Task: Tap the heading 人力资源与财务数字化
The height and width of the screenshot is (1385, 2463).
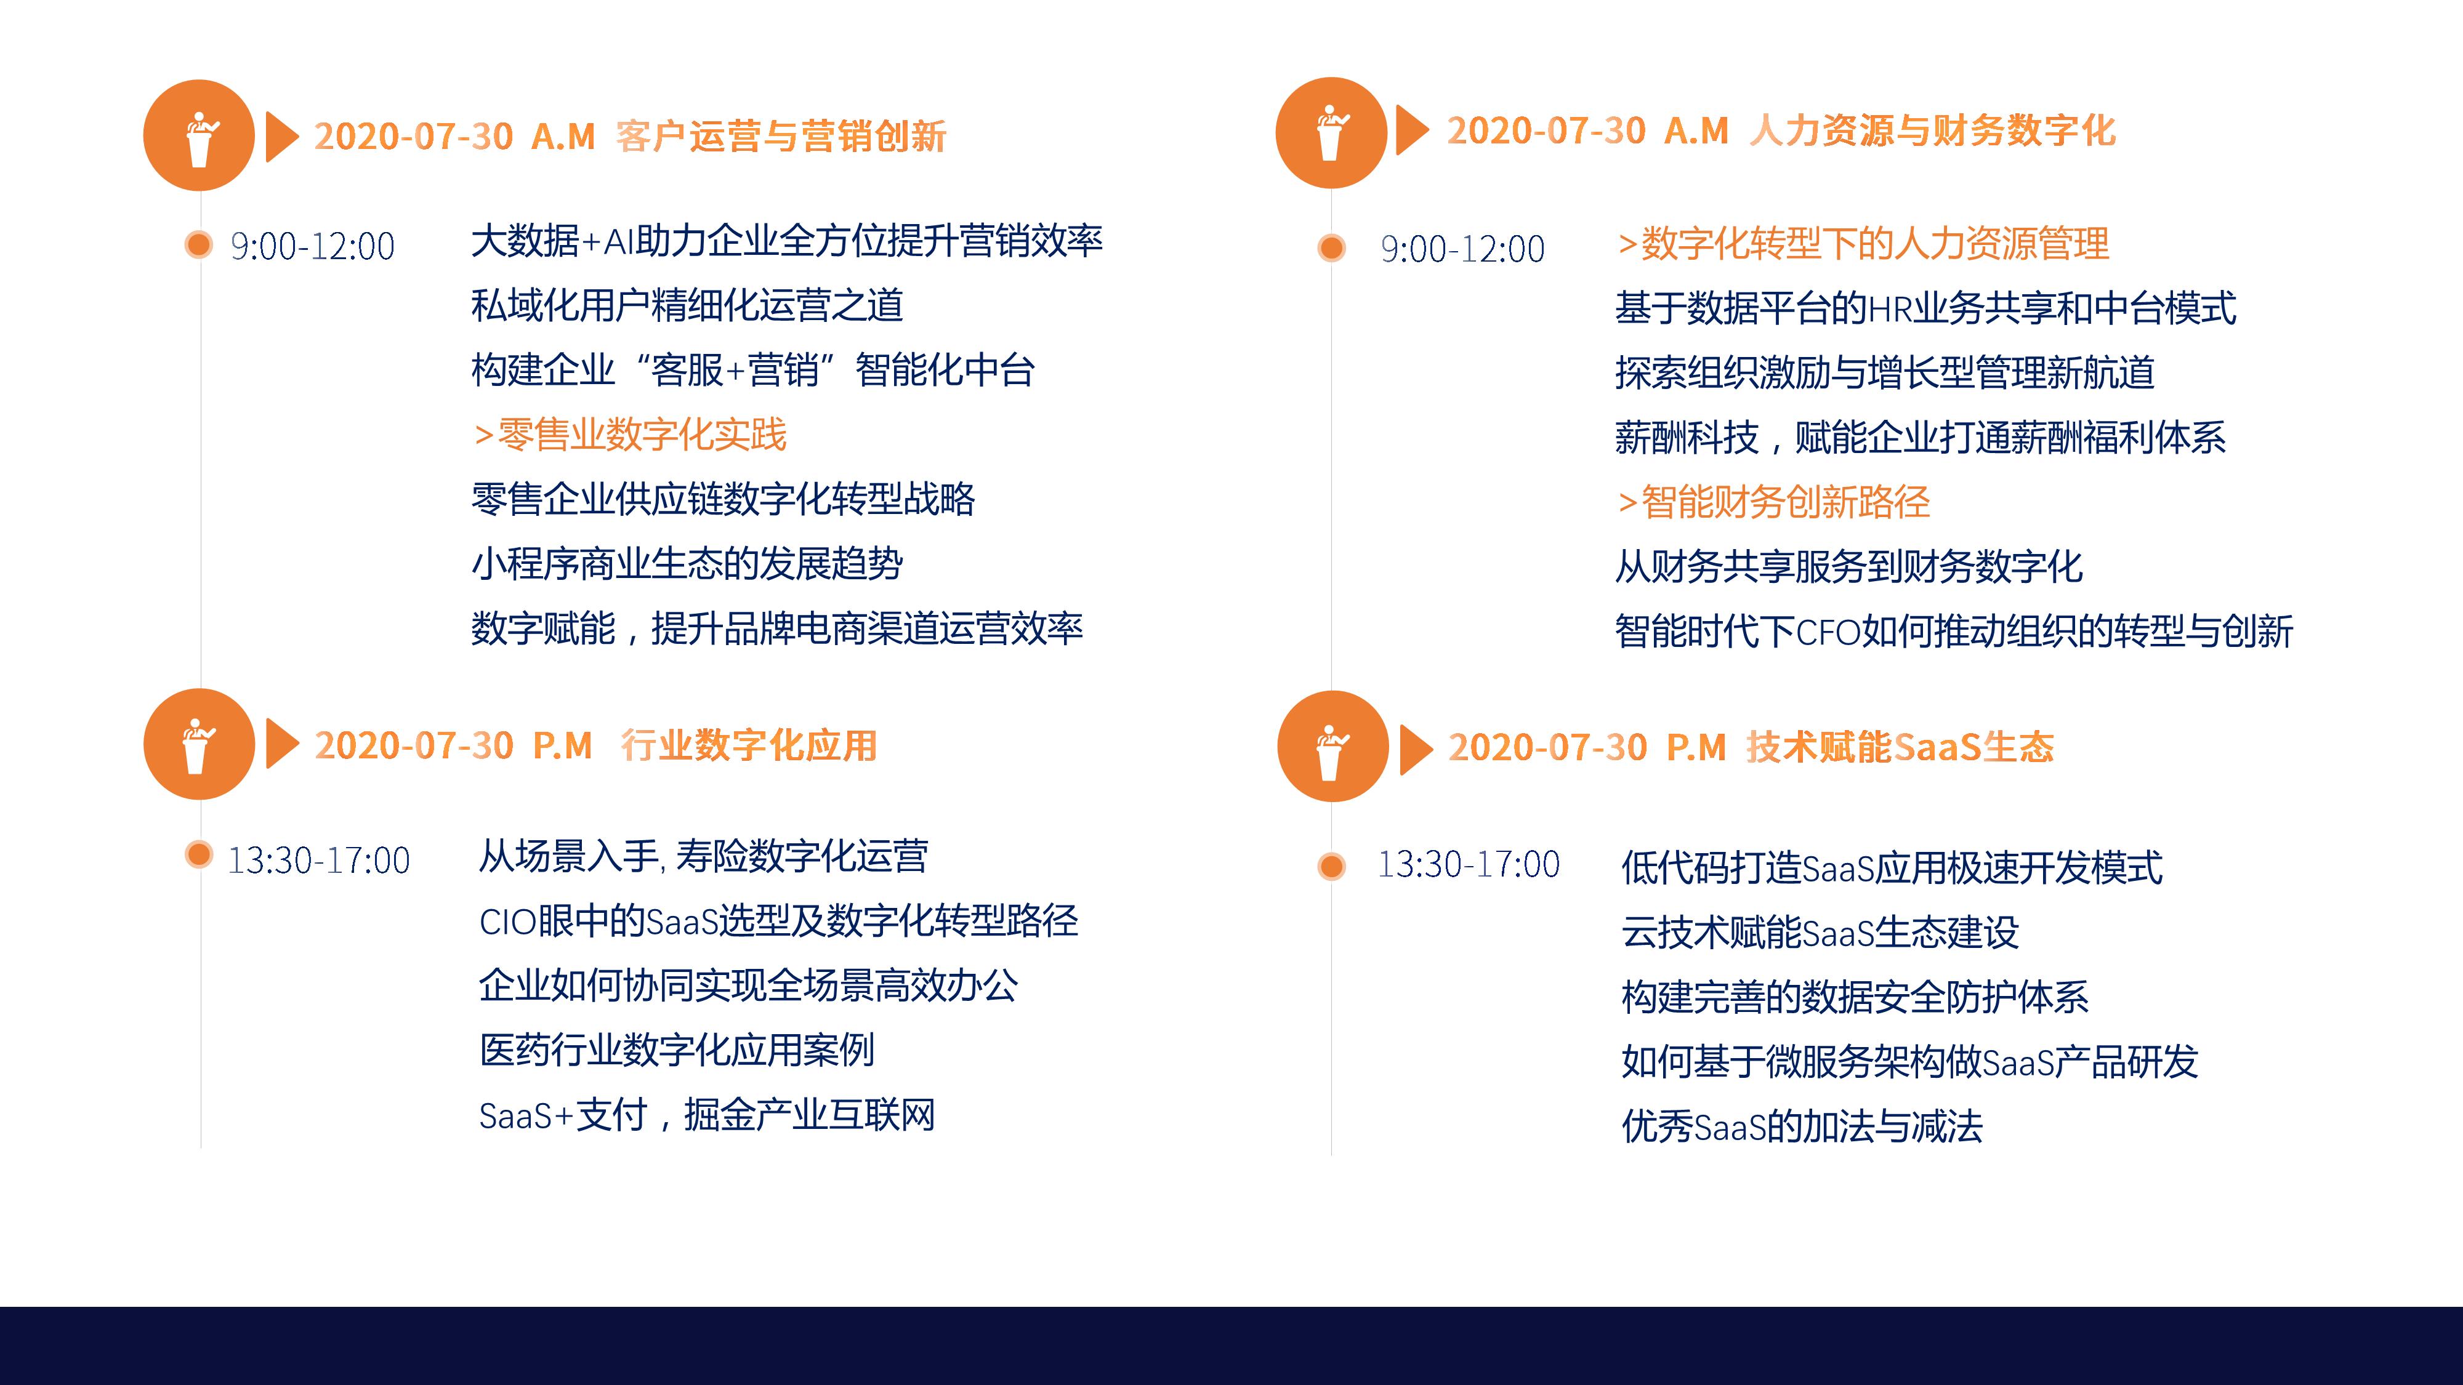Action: click(1932, 131)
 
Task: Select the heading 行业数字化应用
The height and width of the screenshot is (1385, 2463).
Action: click(749, 745)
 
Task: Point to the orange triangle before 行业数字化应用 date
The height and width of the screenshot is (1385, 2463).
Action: click(282, 744)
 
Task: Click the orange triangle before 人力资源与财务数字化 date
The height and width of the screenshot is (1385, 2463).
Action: click(1412, 130)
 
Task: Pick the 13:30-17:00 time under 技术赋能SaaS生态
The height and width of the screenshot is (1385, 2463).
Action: click(1469, 865)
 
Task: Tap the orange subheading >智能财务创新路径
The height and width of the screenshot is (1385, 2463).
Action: click(1773, 502)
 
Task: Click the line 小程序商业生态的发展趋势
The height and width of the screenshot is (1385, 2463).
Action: click(687, 564)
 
